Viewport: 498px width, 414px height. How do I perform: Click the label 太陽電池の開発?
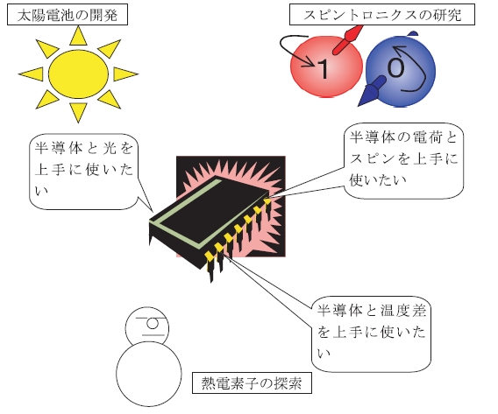[x=68, y=15]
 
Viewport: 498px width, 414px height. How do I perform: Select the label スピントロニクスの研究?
[x=382, y=15]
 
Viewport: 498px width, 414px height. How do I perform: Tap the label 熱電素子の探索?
[x=252, y=383]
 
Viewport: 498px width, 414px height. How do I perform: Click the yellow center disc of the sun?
[x=78, y=74]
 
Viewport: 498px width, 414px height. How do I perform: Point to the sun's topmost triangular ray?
[x=78, y=37]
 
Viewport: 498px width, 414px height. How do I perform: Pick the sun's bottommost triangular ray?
[x=78, y=112]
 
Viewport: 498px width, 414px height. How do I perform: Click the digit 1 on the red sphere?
[x=324, y=69]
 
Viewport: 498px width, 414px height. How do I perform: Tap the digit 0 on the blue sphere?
[x=395, y=67]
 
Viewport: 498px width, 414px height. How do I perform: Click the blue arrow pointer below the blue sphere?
[x=371, y=91]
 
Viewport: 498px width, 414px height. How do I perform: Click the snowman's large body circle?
[x=149, y=374]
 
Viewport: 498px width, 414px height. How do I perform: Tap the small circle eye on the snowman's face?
[x=153, y=324]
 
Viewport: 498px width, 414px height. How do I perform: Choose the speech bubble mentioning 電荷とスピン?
[x=403, y=161]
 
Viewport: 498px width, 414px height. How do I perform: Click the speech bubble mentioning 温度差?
[x=371, y=333]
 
